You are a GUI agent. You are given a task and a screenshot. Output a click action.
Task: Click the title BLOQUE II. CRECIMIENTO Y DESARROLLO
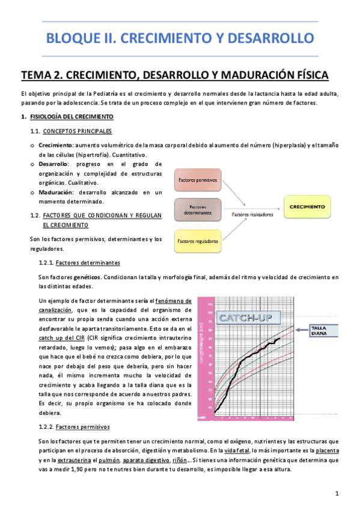180,38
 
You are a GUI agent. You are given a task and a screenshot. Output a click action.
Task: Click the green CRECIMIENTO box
307,207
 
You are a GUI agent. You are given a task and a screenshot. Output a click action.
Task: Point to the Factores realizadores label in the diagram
252,214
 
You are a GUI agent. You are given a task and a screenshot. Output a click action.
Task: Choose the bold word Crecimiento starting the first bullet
55,145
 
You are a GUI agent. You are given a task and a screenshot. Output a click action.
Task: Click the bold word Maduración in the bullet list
55,192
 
